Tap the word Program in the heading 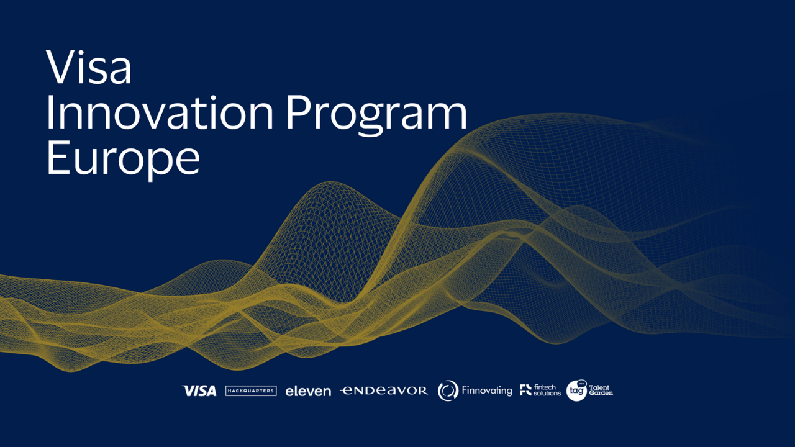376,115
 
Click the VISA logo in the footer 199,391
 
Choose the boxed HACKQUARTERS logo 251,391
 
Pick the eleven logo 308,391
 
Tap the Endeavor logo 384,391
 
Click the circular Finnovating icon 448,391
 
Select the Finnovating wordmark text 487,391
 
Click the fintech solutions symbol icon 525,390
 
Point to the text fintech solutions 547,391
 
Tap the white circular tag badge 576,391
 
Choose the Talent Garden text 600,391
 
